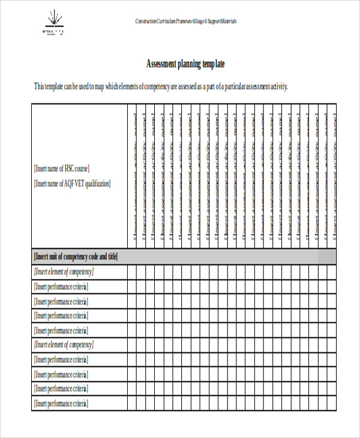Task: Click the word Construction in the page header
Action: pyautogui.click(x=146, y=21)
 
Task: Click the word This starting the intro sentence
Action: pyautogui.click(x=39, y=86)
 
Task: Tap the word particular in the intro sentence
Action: pyautogui.click(x=236, y=86)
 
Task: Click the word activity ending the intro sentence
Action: pyautogui.click(x=277, y=86)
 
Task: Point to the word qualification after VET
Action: pyautogui.click(x=98, y=184)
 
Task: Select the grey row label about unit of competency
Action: pyautogui.click(x=76, y=257)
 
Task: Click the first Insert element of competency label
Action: pyautogui.click(x=64, y=272)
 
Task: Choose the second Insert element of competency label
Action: pyautogui.click(x=64, y=345)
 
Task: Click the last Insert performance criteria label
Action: pyautogui.click(x=61, y=403)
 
